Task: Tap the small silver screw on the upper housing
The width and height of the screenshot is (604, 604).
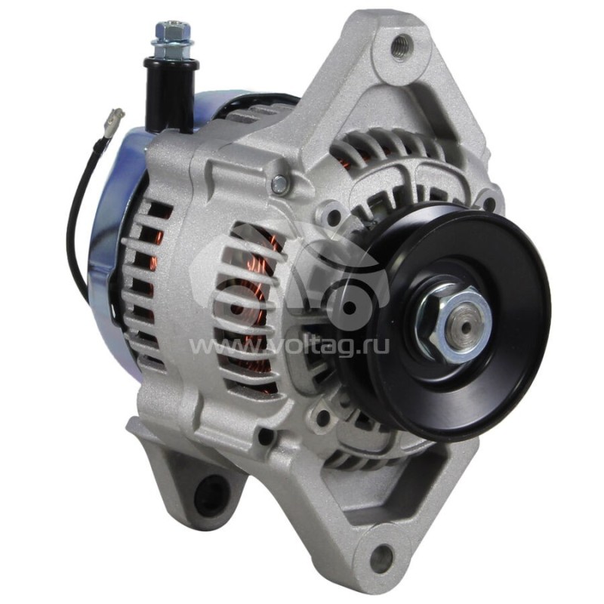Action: tap(279, 182)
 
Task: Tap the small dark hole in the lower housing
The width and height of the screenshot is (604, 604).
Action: tap(267, 436)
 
